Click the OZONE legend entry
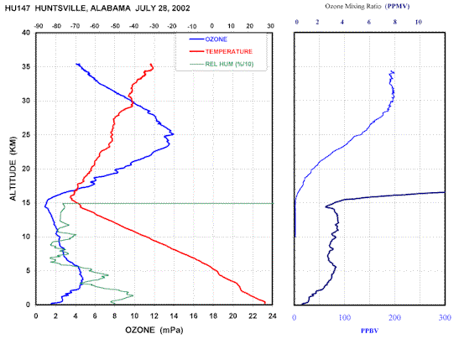tap(208, 39)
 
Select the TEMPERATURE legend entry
tap(221, 52)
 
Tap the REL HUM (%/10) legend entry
tap(222, 64)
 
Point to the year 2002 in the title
tap(181, 8)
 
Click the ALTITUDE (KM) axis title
tap(13, 169)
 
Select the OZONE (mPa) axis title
tap(154, 331)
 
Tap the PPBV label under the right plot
tap(369, 331)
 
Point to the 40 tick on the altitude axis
tap(26, 33)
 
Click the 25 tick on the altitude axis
tap(26, 135)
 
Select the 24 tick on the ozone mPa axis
tap(272, 316)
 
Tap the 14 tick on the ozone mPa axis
tap(174, 316)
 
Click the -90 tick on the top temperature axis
tap(39, 26)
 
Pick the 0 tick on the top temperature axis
tap(212, 26)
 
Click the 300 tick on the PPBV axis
tap(445, 317)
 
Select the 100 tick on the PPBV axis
tap(345, 317)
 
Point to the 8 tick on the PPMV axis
tap(395, 22)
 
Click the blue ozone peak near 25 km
tap(174, 134)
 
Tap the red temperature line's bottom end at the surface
tap(264, 303)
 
